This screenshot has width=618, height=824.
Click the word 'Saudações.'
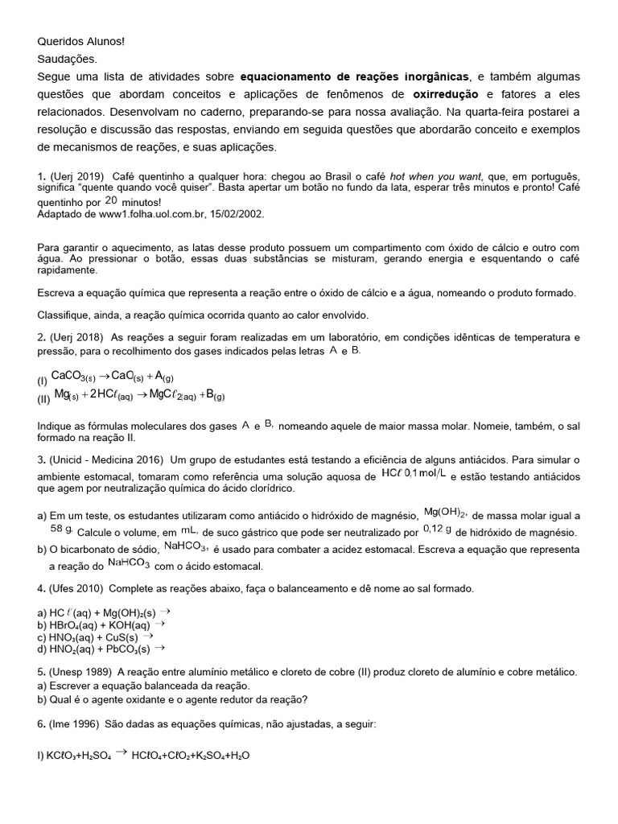67,59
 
